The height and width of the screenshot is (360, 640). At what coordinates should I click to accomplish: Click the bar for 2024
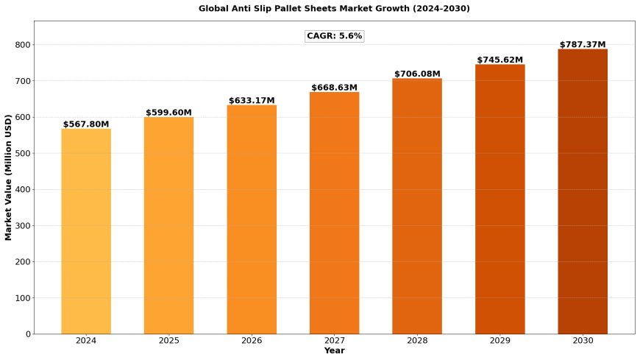coord(86,231)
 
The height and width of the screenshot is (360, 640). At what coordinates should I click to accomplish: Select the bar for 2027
coord(334,213)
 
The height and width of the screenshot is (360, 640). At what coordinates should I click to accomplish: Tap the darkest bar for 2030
coord(583,191)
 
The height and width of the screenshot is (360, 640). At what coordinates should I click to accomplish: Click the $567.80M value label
coord(86,124)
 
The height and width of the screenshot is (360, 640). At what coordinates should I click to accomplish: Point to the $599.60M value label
coord(168,113)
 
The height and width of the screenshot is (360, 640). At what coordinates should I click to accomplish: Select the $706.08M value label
coord(417,74)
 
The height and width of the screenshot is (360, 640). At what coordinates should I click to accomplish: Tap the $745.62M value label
coord(499,60)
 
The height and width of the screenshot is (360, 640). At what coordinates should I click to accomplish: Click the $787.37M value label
coord(583,45)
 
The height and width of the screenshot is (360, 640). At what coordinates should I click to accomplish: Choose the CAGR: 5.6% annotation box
coord(334,36)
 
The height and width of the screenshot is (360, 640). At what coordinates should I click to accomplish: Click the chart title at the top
coord(334,9)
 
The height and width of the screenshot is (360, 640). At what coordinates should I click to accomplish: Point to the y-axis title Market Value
coord(9,177)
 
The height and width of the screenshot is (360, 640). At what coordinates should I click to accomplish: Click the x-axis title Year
coord(334,351)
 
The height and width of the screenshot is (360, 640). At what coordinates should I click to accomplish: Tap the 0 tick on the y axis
coord(28,334)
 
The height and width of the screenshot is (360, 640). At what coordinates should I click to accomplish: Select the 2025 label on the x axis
coord(168,341)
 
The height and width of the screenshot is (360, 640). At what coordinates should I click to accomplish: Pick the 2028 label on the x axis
coord(417,341)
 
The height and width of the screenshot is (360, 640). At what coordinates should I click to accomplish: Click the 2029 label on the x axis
coord(499,341)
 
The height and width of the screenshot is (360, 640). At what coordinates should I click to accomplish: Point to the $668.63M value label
coord(334,88)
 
